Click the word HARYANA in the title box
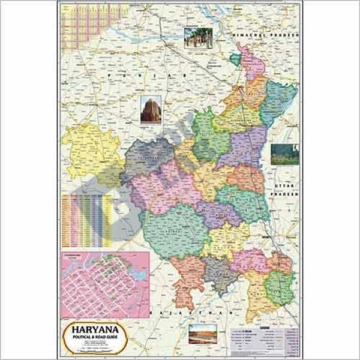[x=92, y=329]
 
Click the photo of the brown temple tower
[x=151, y=110]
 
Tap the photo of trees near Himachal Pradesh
[x=197, y=38]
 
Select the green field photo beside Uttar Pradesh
[x=284, y=154]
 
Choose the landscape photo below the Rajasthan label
[x=202, y=334]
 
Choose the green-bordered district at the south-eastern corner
[x=280, y=285]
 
